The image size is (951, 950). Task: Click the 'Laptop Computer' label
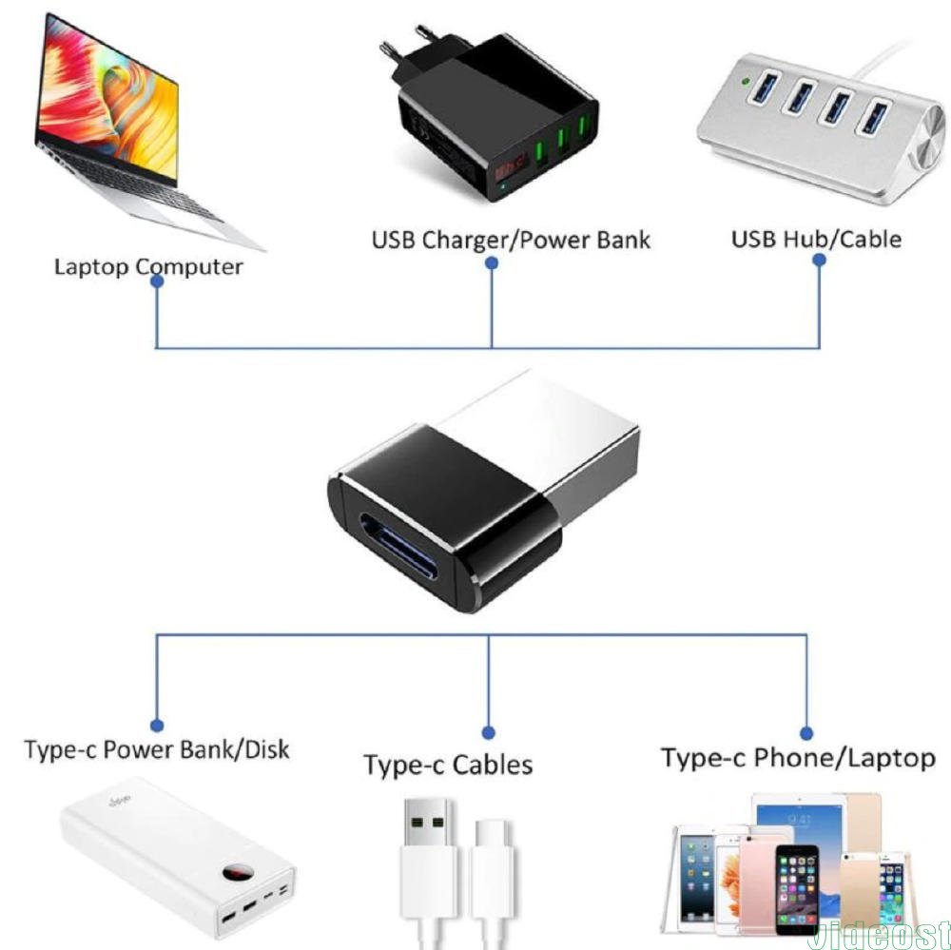tap(147, 265)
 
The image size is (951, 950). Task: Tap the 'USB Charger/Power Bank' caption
tap(510, 239)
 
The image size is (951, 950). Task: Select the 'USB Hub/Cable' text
tap(815, 238)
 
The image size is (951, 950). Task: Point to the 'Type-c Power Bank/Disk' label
tap(157, 749)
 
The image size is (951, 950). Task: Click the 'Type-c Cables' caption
tap(448, 765)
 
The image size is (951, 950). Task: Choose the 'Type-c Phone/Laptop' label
tap(798, 758)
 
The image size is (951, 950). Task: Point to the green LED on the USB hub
tap(752, 82)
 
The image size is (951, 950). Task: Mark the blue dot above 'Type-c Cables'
tap(488, 732)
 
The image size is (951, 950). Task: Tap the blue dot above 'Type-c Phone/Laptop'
tap(806, 732)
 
